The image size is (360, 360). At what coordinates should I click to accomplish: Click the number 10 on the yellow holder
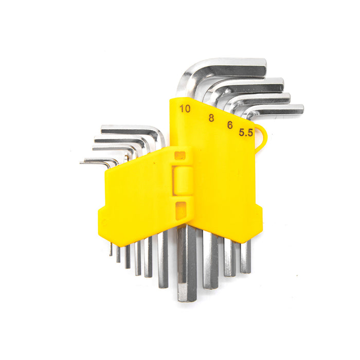185,109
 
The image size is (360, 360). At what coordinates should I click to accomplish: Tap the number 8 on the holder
211,118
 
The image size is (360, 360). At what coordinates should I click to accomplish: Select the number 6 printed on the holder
230,125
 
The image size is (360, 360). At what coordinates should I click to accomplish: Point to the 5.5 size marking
246,133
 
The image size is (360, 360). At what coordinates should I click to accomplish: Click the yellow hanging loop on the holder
262,138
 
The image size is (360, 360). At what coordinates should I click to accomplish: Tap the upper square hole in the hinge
180,156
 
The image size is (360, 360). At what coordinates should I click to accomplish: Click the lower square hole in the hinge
181,210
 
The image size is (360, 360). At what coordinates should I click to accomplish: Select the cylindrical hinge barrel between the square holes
183,181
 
